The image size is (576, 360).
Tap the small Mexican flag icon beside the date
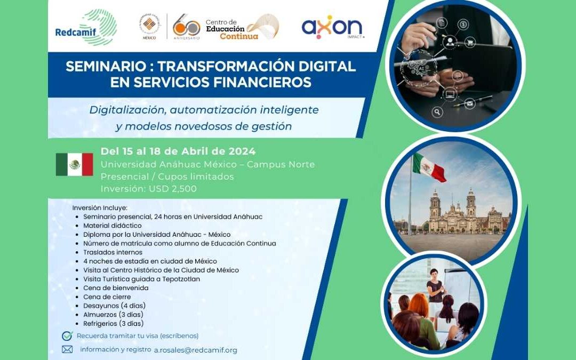pos(74,164)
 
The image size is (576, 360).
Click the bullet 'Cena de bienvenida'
pos(115,288)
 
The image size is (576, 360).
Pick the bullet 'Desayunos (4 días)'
pos(114,306)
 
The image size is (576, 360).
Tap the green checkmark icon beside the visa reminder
pos(67,335)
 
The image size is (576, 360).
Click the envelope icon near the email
pos(67,350)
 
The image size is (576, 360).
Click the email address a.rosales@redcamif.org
pos(195,350)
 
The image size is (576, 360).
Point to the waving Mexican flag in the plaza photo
pos(429,166)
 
